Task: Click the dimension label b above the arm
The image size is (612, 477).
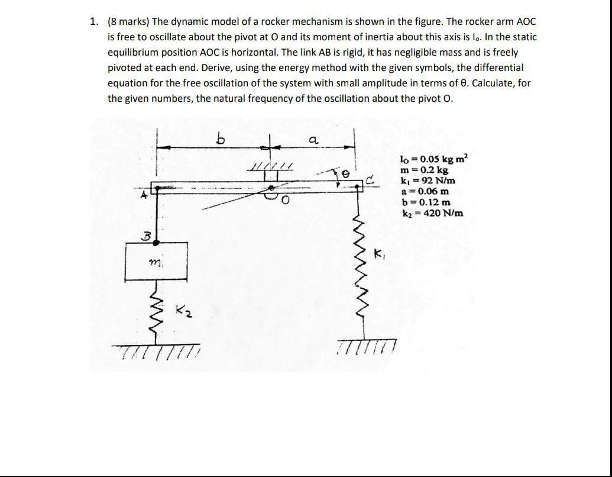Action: [221, 140]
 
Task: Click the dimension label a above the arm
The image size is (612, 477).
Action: [313, 140]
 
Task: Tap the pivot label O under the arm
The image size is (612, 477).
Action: [284, 202]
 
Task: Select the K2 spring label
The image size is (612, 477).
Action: [183, 310]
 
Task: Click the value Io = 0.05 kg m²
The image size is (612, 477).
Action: [433, 159]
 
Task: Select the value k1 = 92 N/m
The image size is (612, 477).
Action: [428, 181]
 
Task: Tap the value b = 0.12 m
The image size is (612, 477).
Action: [425, 202]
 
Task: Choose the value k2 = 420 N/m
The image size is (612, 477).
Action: [432, 213]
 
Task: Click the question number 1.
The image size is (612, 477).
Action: [93, 22]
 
